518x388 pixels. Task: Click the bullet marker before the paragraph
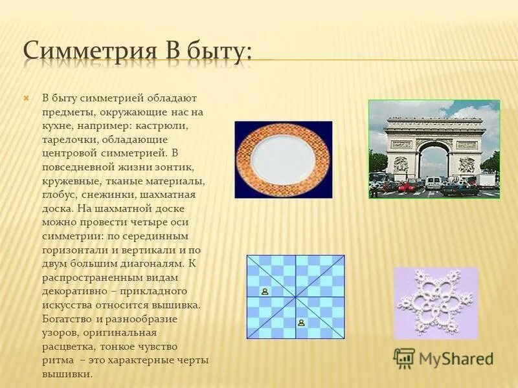27,98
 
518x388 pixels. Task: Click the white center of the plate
283,159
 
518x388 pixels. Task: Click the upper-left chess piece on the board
265,292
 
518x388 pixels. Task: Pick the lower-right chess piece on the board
300,321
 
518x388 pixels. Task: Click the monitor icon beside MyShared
404,358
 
